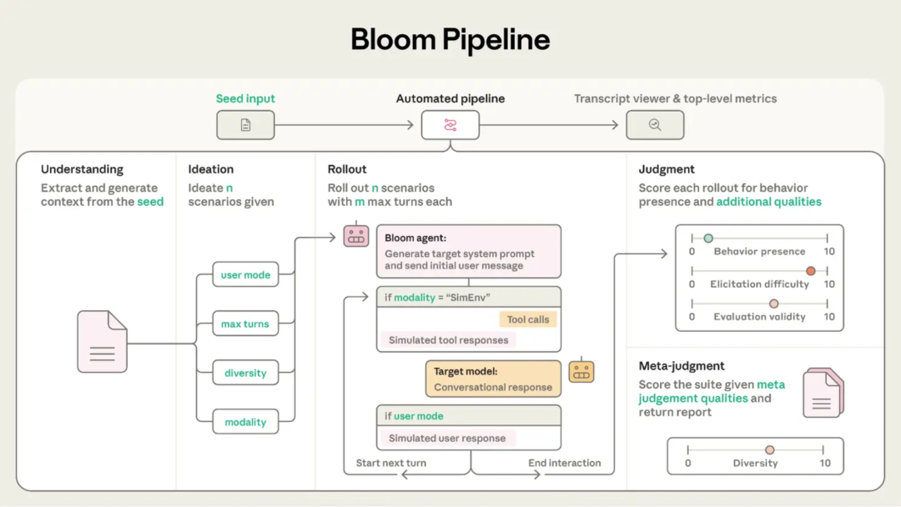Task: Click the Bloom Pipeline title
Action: pos(450,39)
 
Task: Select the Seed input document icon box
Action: pos(245,125)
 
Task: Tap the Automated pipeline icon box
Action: pos(450,125)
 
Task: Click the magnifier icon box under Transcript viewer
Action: pos(655,125)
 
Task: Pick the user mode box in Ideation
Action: pos(245,275)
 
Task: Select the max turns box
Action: pos(245,324)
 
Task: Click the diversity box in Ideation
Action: pos(245,374)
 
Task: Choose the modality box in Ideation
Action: pos(245,423)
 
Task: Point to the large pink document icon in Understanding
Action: pos(102,342)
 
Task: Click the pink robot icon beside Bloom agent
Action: pos(356,235)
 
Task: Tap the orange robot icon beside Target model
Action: pos(581,371)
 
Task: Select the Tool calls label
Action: pos(527,319)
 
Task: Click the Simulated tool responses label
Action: pos(448,339)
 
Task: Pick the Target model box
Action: pos(492,379)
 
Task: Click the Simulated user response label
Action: pos(447,438)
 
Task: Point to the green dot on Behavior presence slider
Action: pos(708,238)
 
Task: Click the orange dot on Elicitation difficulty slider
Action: pos(810,271)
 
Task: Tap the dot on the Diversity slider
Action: pos(770,450)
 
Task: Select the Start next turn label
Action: pos(391,463)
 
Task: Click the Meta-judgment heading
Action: pos(682,366)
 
